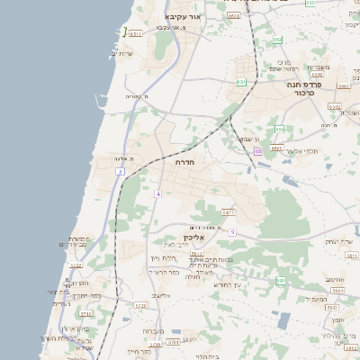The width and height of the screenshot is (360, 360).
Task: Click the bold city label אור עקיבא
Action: [x=187, y=17]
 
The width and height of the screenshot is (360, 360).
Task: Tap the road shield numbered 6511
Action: [x=136, y=34]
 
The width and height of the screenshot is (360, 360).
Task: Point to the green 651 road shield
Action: [x=241, y=82]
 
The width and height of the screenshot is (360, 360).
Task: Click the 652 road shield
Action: [x=277, y=40]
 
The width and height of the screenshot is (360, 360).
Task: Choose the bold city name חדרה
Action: [x=184, y=163]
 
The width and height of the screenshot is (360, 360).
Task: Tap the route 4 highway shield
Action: [x=157, y=193]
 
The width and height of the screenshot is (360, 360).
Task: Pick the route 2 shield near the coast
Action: [x=119, y=172]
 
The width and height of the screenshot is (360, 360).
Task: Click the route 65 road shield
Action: [x=257, y=152]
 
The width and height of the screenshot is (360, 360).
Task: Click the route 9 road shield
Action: [x=231, y=232]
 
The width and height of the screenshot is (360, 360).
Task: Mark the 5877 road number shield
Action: [x=228, y=212]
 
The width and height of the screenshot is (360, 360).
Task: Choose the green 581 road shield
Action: [x=280, y=281]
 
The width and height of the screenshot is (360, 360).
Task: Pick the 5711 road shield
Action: [x=85, y=314]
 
